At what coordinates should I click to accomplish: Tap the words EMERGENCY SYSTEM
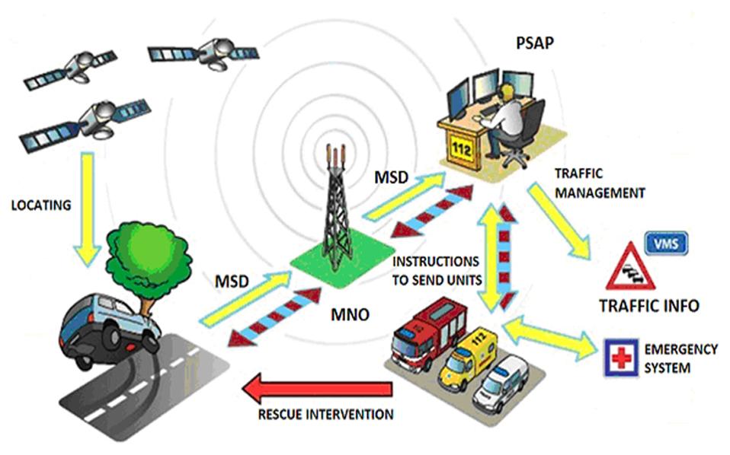[680, 358]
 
